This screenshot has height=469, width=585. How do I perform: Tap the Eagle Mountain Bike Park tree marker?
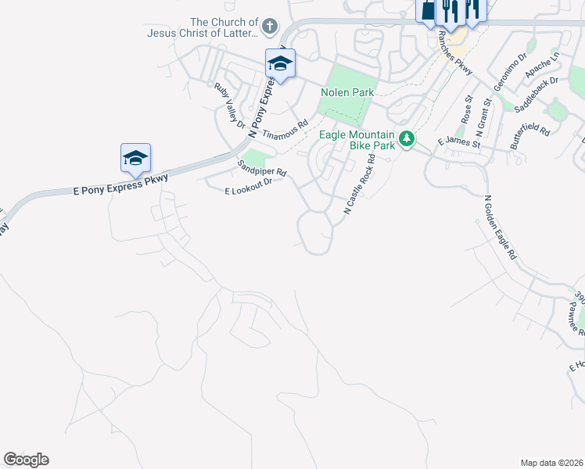click(406, 139)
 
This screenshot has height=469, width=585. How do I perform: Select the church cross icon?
click(269, 27)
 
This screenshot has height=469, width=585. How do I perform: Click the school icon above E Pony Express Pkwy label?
click(135, 159)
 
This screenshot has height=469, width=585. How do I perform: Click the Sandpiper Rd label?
click(262, 168)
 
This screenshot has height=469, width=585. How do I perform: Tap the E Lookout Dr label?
click(248, 186)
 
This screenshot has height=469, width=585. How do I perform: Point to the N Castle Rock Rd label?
click(360, 184)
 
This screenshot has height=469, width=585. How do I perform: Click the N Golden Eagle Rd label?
click(501, 227)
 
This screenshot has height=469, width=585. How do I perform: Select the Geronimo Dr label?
click(514, 61)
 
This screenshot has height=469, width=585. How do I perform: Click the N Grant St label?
click(483, 113)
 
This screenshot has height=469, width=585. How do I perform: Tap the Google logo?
click(26, 460)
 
